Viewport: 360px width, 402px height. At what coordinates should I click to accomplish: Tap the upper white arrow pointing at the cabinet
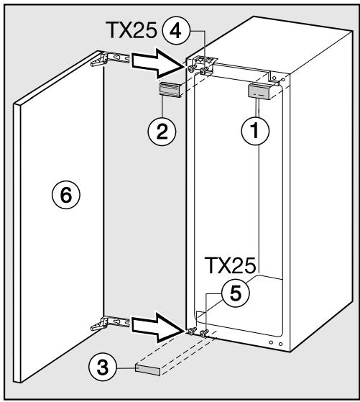click(158, 66)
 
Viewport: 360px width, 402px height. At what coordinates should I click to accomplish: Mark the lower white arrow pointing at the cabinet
click(158, 327)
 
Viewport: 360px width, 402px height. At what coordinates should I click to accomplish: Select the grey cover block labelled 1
click(259, 90)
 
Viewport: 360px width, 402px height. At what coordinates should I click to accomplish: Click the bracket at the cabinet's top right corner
click(275, 78)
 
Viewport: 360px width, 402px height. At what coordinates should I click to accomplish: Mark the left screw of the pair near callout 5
click(192, 332)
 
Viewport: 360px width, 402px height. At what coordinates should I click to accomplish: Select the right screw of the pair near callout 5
click(204, 334)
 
